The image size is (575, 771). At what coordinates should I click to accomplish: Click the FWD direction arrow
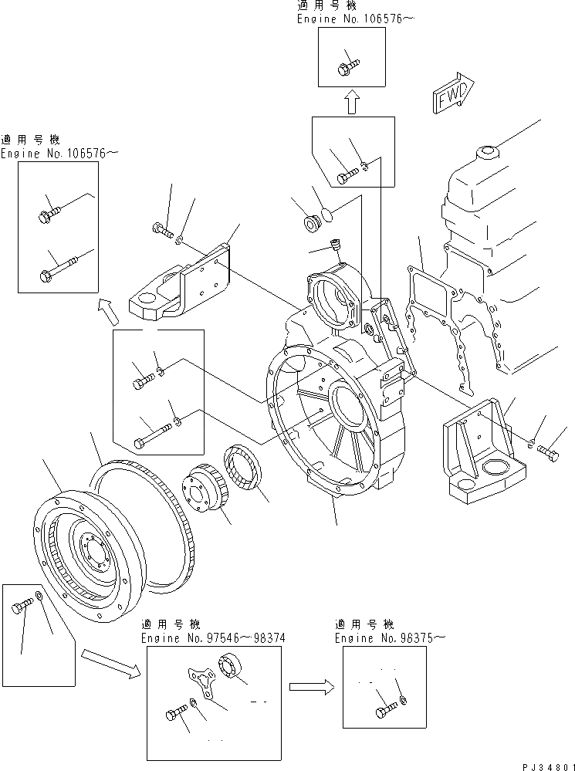click(x=454, y=91)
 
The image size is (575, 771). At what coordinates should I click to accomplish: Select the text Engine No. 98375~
click(x=390, y=638)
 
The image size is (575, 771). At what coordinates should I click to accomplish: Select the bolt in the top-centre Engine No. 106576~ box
click(x=346, y=67)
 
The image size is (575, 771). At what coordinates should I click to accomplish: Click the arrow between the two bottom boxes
click(x=311, y=685)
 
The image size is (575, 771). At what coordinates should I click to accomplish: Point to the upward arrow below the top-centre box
click(x=352, y=102)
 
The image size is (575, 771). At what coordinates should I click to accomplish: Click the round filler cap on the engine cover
click(x=489, y=152)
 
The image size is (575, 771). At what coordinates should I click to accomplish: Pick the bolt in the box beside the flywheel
click(x=23, y=608)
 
